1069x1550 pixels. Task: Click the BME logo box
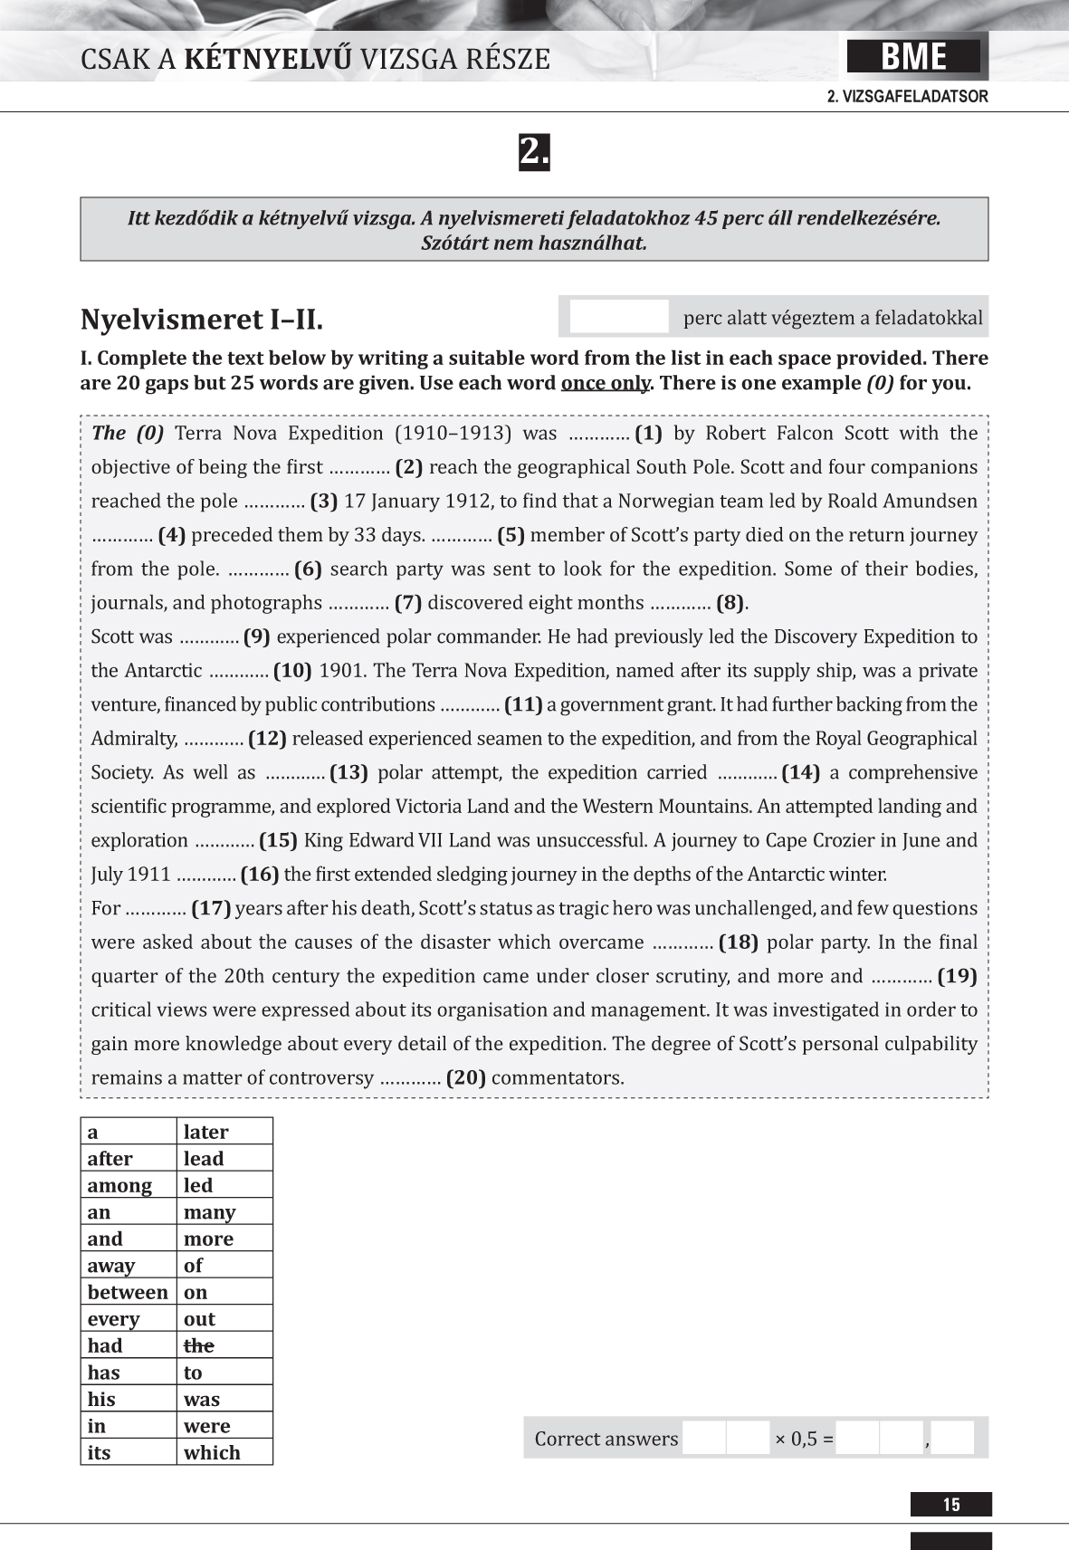(x=913, y=57)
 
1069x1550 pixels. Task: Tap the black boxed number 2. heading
(x=534, y=152)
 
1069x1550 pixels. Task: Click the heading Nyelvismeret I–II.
(x=201, y=320)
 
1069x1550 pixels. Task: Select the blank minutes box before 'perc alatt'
(x=619, y=317)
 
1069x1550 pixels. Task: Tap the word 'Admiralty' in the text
(x=134, y=739)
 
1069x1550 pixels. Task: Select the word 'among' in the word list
(x=119, y=1185)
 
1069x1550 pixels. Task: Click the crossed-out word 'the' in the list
(x=199, y=1345)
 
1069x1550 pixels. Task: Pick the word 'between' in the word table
(x=128, y=1292)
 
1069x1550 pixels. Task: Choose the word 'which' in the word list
(x=212, y=1452)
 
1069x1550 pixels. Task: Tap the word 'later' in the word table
(x=205, y=1132)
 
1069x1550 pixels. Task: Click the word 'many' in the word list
(x=209, y=1212)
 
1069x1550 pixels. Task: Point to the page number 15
(x=951, y=1505)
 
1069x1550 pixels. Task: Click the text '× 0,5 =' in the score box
(x=804, y=1439)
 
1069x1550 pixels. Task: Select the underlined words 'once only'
(x=605, y=383)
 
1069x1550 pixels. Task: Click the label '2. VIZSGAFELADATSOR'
(x=907, y=97)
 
